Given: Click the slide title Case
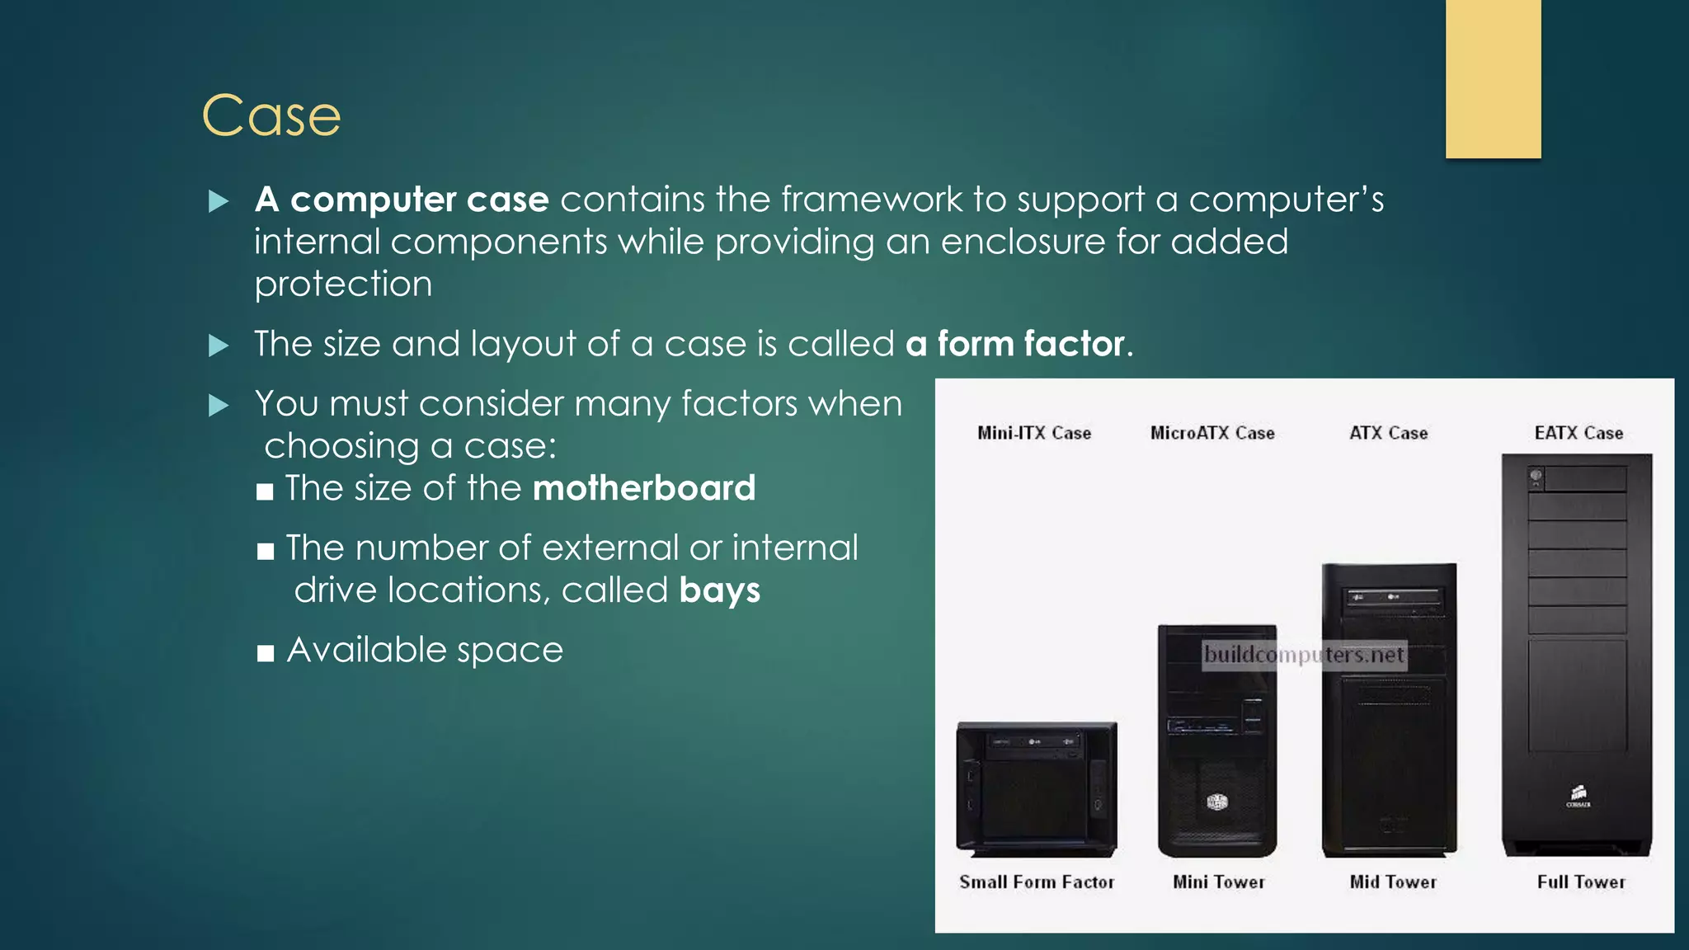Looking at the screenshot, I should pyautogui.click(x=271, y=115).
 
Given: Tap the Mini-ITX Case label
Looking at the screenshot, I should pyautogui.click(x=1034, y=433).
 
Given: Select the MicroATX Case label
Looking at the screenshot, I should pyautogui.click(x=1212, y=433).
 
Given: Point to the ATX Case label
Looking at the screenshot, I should pyautogui.click(x=1388, y=433).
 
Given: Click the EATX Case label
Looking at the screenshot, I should pyautogui.click(x=1578, y=433).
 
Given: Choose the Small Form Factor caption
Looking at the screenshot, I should pyautogui.click(x=1037, y=882).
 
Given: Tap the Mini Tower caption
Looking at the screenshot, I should pyautogui.click(x=1219, y=882).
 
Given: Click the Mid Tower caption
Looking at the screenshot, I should pyautogui.click(x=1393, y=882).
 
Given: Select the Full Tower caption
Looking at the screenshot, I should pyautogui.click(x=1581, y=882).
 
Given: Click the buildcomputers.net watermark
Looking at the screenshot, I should pyautogui.click(x=1303, y=656).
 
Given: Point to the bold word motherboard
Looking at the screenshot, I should pyautogui.click(x=644, y=488).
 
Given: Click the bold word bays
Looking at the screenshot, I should pyautogui.click(x=720, y=590).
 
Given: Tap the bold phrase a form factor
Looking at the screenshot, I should pyautogui.click(x=1015, y=344).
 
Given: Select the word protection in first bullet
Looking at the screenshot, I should pyautogui.click(x=343, y=285).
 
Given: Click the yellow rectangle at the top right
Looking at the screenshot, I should pyautogui.click(x=1493, y=78).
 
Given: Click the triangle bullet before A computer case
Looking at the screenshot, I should pyautogui.click(x=219, y=201).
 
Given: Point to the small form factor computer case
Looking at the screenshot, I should pyautogui.click(x=1037, y=789).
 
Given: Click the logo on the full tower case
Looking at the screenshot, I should pyautogui.click(x=1578, y=796).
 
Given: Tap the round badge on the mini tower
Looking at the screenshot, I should pyautogui.click(x=1217, y=802).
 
